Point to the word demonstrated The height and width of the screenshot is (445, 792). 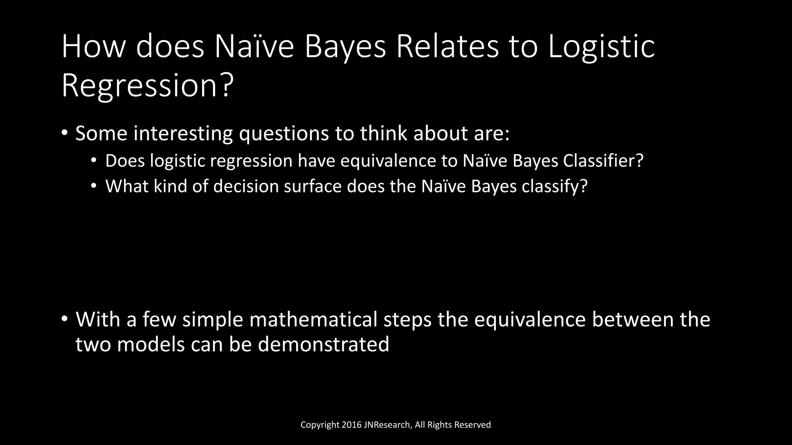(323, 344)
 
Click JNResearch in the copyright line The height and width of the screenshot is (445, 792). (387, 425)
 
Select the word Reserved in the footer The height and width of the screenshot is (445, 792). (472, 425)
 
